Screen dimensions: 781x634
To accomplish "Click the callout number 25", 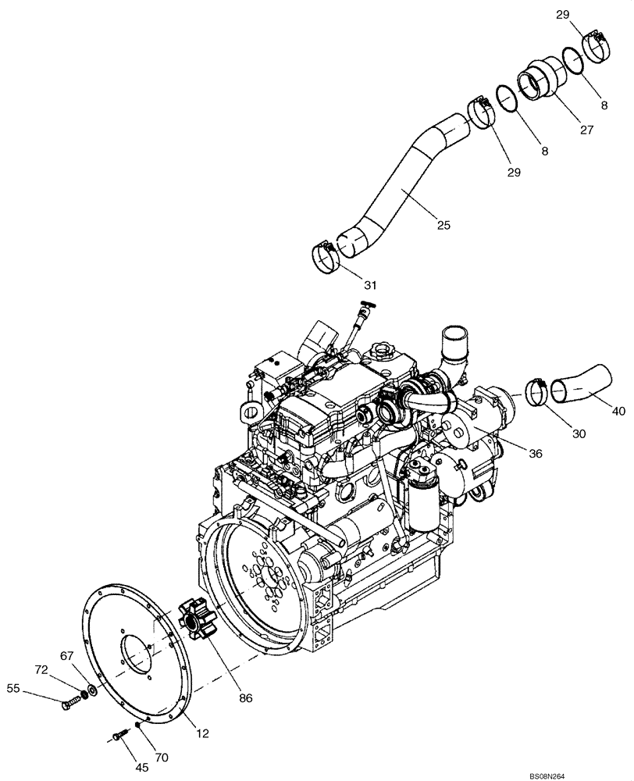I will click(x=443, y=226).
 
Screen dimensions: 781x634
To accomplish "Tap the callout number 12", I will click(x=203, y=733).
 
